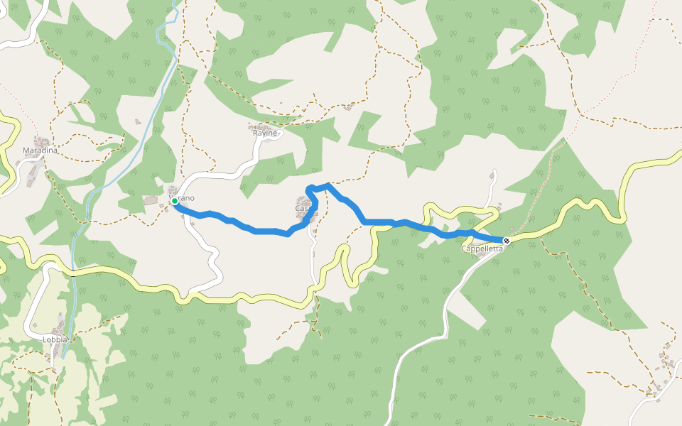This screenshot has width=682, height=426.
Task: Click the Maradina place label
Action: (40, 151)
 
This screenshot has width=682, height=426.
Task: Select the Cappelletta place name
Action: (482, 248)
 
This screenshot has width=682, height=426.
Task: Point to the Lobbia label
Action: (55, 339)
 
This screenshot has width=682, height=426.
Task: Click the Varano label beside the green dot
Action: (183, 198)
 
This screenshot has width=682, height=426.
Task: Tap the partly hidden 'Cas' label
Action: (301, 209)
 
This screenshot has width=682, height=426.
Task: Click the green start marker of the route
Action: (174, 202)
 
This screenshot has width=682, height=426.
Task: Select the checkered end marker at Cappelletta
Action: (507, 241)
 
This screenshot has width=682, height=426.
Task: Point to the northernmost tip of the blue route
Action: (328, 185)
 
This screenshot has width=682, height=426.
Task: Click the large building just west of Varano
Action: (151, 201)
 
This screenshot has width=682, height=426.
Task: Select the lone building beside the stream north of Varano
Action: (138, 121)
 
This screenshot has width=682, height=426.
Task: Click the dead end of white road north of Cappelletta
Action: (493, 171)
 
